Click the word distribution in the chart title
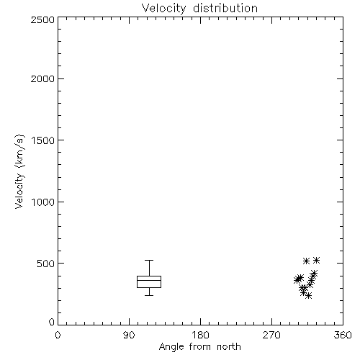(x=225, y=8)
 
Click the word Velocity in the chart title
(x=163, y=9)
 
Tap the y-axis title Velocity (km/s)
(x=19, y=171)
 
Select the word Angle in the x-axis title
(x=171, y=347)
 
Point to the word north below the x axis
(x=229, y=346)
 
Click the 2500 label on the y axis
(x=42, y=19)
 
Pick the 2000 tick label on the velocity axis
(x=42, y=78)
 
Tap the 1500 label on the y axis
(x=43, y=140)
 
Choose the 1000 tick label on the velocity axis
(x=43, y=202)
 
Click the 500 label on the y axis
(x=46, y=264)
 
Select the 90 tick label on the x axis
(x=129, y=335)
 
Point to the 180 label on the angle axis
(x=200, y=335)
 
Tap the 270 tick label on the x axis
(x=271, y=335)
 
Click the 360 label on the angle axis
(x=343, y=335)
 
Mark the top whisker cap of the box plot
(x=149, y=260)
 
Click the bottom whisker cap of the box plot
(x=149, y=295)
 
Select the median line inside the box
(x=149, y=280)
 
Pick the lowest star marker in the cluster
(x=309, y=296)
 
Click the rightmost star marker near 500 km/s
(x=317, y=260)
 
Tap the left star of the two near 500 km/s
(x=306, y=261)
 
